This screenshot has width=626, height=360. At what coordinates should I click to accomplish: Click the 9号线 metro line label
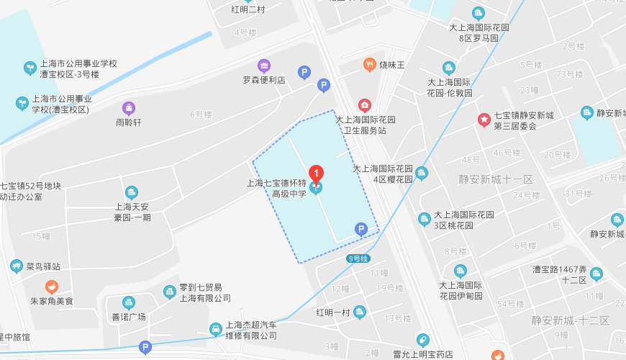click(358, 258)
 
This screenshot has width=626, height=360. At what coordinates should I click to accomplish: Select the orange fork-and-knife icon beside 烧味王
click(369, 65)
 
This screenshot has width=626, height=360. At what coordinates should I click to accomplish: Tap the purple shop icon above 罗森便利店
click(264, 66)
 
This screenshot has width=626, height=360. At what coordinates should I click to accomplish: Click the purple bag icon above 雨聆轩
click(129, 108)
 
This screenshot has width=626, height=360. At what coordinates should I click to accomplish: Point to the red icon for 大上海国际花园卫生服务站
click(365, 106)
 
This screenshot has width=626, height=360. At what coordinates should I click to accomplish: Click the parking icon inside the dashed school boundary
click(360, 230)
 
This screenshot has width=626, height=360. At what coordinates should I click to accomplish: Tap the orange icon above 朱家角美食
click(52, 287)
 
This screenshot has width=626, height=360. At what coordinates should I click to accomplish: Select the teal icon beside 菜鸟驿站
click(17, 266)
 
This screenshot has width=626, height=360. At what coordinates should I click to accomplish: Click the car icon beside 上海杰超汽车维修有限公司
click(215, 329)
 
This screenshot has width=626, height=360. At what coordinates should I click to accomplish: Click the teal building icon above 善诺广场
click(129, 302)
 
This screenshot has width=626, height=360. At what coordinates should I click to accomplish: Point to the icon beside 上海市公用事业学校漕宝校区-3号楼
click(30, 68)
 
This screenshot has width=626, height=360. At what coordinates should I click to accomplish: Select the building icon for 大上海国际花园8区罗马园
click(478, 13)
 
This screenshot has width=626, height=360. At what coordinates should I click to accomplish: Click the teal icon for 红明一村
click(360, 312)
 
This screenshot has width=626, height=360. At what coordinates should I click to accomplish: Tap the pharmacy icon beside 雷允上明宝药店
click(423, 340)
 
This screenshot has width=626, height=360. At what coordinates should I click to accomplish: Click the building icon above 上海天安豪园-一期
click(132, 192)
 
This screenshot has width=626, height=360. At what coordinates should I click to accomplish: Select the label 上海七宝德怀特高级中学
click(277, 188)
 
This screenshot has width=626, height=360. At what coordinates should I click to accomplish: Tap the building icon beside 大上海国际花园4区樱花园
click(422, 173)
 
